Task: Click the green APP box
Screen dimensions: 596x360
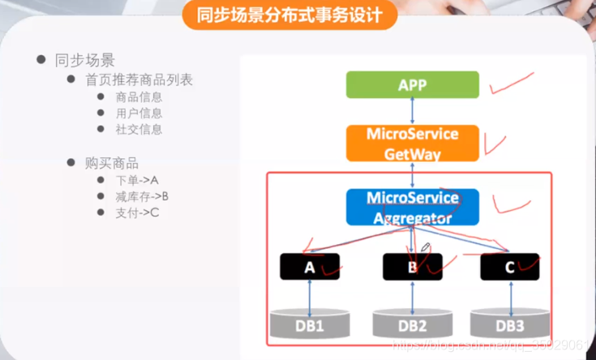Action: (x=413, y=84)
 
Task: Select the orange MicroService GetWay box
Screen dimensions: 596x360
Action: (x=413, y=143)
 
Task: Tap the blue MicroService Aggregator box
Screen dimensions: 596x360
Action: (x=413, y=208)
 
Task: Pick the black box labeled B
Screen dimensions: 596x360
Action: (x=413, y=266)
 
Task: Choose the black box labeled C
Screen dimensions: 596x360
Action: (x=510, y=266)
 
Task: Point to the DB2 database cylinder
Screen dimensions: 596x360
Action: (x=413, y=324)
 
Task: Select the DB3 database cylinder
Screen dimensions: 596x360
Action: (x=510, y=324)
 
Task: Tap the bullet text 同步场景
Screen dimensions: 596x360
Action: (x=84, y=60)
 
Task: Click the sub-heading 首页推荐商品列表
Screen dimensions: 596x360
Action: (x=139, y=80)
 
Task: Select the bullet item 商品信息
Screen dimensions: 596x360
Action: (x=139, y=97)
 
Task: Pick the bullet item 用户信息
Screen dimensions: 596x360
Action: (x=139, y=114)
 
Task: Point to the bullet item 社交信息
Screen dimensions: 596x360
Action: (x=139, y=129)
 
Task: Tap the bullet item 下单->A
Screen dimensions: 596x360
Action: (x=136, y=180)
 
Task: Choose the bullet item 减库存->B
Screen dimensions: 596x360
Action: (x=142, y=196)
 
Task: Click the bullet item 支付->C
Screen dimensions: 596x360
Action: (x=136, y=212)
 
